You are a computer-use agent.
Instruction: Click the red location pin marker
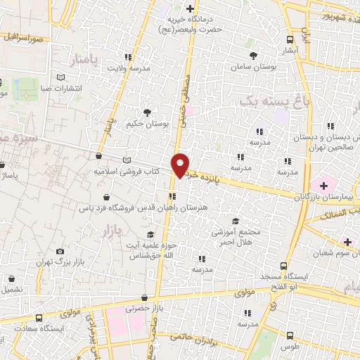181,165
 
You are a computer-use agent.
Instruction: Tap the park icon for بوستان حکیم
147,112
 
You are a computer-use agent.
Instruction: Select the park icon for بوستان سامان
253,54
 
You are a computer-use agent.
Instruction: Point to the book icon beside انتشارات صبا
61,77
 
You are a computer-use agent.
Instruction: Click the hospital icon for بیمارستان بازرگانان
323,186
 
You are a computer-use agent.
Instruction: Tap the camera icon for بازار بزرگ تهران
60,252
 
